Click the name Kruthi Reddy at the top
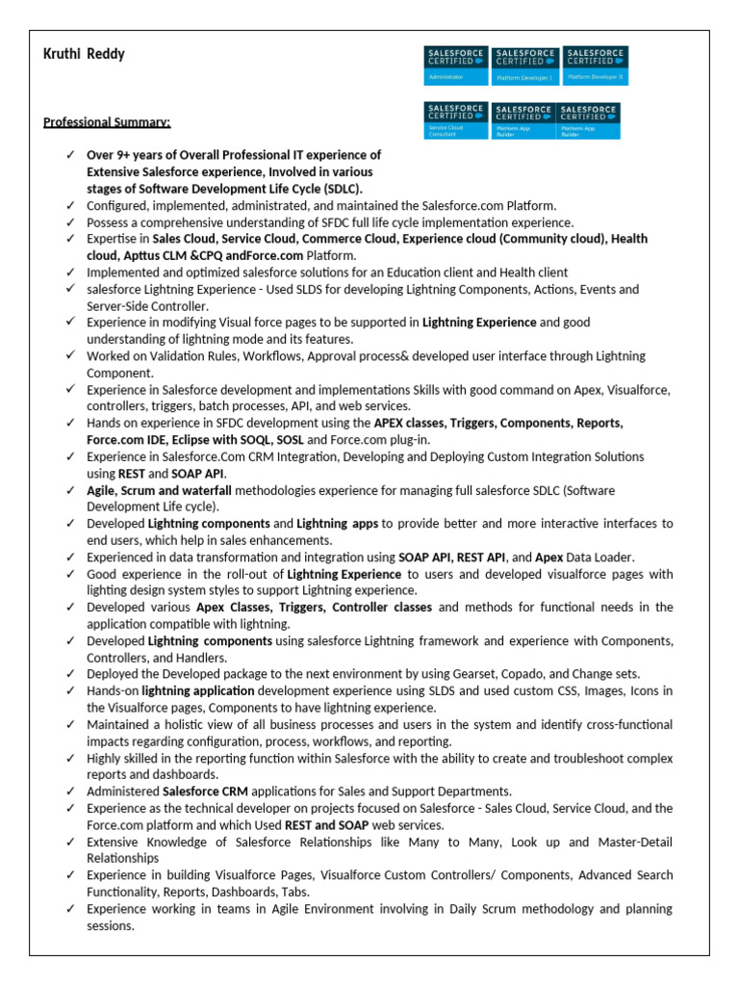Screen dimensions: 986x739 tap(84, 54)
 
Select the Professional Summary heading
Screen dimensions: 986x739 tap(107, 122)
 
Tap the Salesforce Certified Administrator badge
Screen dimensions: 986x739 tap(456, 65)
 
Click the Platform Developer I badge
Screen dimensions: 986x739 tap(523, 65)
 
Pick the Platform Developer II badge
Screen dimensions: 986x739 tap(594, 65)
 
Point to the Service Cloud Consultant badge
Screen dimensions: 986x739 tap(456, 120)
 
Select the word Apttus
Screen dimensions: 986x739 tap(140, 255)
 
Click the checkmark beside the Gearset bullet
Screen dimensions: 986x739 tap(70, 673)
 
